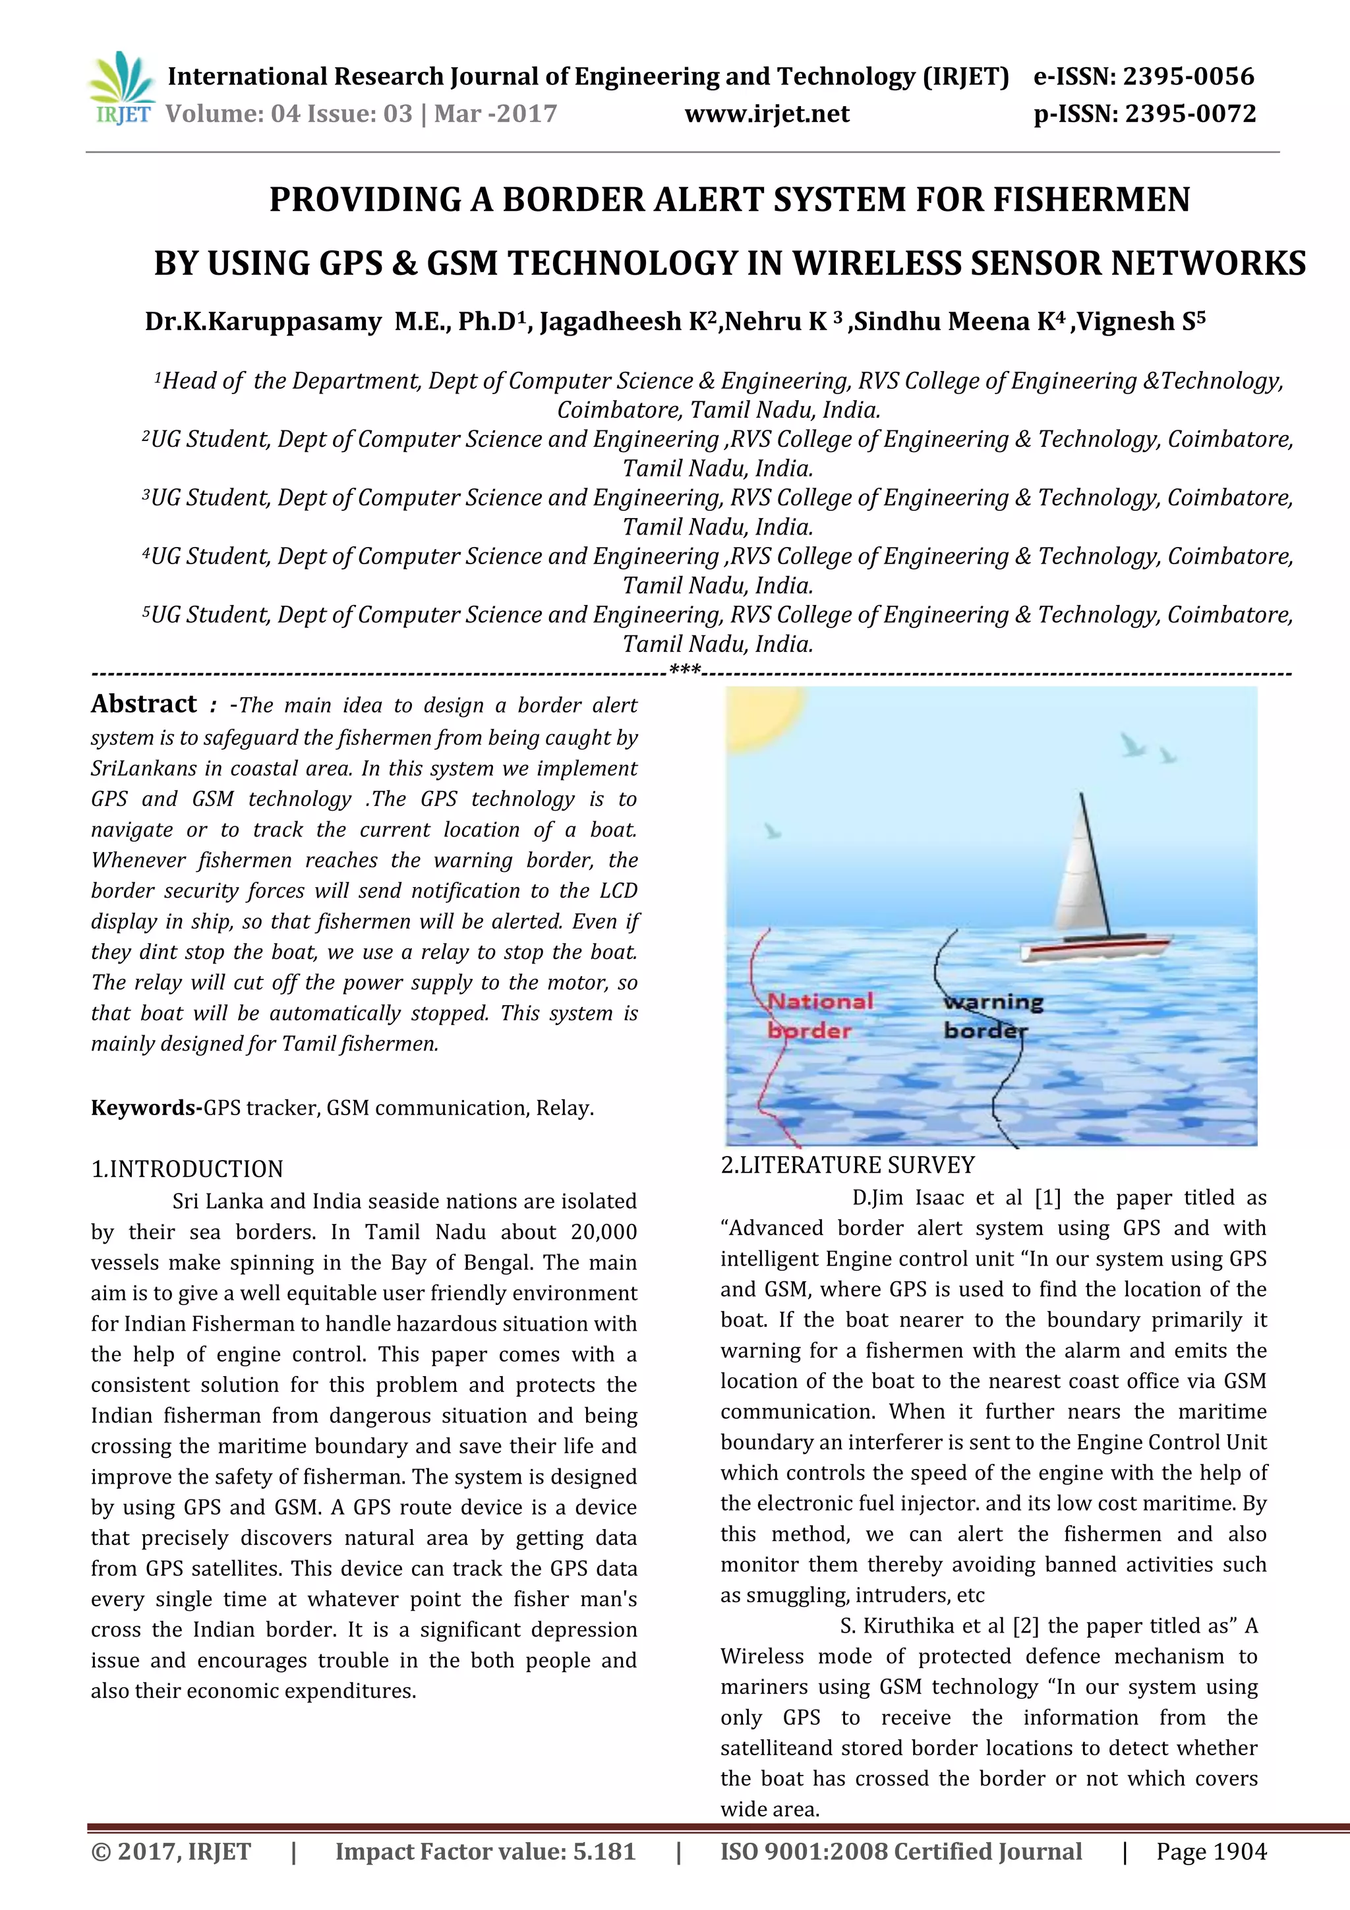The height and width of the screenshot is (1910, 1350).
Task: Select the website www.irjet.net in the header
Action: coord(767,114)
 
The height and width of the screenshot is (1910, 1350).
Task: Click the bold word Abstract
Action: coord(144,704)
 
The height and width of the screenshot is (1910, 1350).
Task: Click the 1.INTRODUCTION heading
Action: coord(187,1169)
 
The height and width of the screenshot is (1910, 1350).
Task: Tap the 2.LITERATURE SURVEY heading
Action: coord(847,1165)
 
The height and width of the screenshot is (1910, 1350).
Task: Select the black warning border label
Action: coord(992,1016)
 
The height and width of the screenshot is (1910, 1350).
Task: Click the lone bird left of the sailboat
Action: coord(773,830)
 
